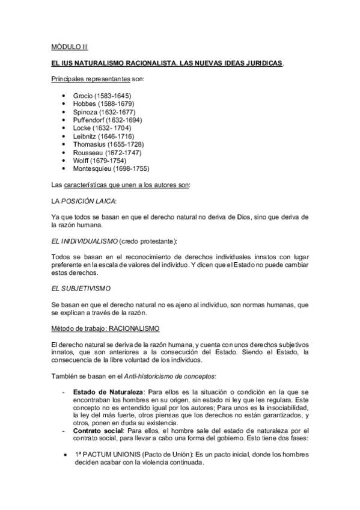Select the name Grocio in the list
click(82, 96)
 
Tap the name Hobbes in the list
click(84, 104)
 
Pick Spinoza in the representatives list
click(84, 112)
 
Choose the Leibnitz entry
click(84, 137)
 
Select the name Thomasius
click(89, 144)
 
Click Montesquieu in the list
click(92, 169)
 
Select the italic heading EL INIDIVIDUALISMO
click(86, 241)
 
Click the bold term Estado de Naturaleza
click(106, 392)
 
